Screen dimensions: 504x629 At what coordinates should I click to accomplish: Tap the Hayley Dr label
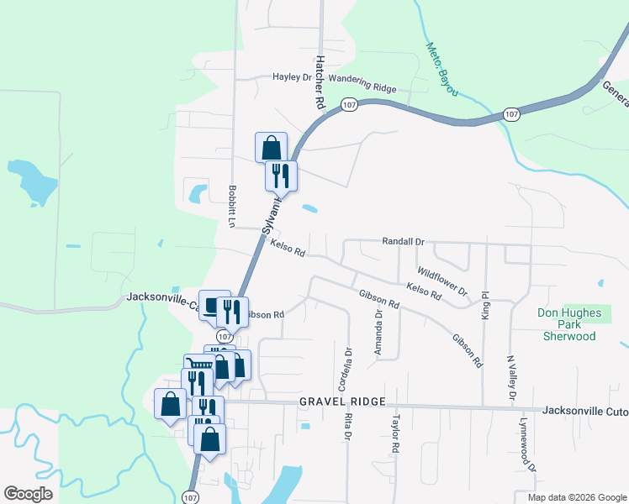click(x=292, y=77)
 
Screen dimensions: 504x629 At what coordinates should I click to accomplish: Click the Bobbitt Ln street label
click(x=232, y=204)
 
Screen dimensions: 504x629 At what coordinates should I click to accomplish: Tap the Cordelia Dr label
click(x=342, y=369)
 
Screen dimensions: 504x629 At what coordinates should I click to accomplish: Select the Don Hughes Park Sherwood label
click(x=570, y=324)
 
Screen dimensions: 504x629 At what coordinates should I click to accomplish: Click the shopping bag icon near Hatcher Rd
click(x=271, y=147)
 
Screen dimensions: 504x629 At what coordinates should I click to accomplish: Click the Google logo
click(x=28, y=494)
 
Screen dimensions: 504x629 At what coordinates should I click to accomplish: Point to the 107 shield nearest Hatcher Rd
click(x=350, y=104)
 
